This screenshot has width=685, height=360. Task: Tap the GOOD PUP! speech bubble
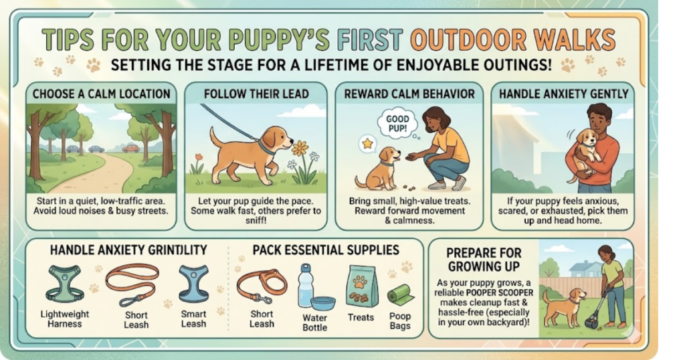click(x=397, y=124)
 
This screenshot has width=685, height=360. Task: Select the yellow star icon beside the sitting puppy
click(x=367, y=144)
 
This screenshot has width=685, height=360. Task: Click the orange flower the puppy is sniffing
click(x=300, y=148)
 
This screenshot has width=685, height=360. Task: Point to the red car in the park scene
click(x=131, y=149)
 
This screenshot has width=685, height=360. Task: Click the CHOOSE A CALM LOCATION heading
click(x=102, y=94)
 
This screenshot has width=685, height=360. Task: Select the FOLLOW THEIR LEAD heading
click(x=256, y=94)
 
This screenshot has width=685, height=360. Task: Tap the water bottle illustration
click(x=305, y=286)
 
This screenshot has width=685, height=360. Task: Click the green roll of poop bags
click(x=401, y=294)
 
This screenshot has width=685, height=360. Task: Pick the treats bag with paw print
click(x=362, y=286)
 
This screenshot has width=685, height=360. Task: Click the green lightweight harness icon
click(x=65, y=284)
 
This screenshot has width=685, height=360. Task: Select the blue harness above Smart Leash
click(x=194, y=284)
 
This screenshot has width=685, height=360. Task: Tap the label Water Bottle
click(x=314, y=323)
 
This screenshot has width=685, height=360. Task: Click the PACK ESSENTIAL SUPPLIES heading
click(x=326, y=250)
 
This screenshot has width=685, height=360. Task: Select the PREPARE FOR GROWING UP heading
click(x=484, y=260)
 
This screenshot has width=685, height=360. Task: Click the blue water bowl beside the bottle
click(x=323, y=302)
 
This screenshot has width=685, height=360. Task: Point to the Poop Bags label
click(x=400, y=321)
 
